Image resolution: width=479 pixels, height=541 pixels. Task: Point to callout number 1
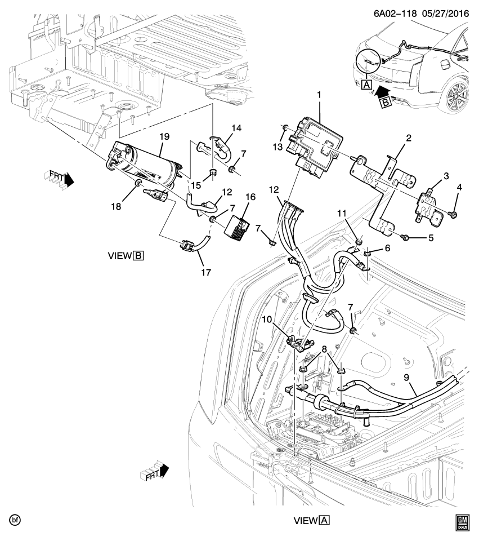(319, 96)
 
